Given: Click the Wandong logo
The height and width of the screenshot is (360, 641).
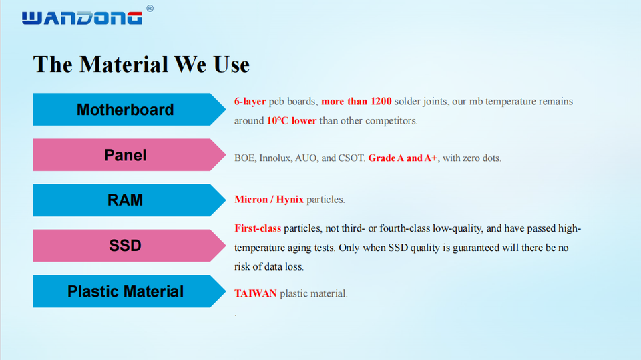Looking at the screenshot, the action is (x=81, y=18).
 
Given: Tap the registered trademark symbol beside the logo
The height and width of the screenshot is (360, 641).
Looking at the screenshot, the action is (x=150, y=8).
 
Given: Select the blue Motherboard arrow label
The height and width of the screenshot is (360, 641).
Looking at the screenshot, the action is (x=129, y=110).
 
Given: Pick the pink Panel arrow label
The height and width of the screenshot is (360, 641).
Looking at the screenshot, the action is (x=129, y=155).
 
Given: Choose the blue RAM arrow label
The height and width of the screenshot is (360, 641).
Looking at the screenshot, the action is (x=129, y=200).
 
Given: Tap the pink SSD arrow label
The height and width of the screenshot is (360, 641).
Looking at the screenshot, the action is (x=129, y=246).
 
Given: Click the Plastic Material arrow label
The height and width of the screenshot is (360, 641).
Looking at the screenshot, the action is (x=129, y=291).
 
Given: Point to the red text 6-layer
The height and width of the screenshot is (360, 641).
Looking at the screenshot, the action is (x=250, y=102).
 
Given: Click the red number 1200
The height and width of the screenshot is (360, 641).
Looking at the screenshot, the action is (x=381, y=101).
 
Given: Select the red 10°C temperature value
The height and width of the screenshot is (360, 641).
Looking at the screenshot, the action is (x=278, y=121).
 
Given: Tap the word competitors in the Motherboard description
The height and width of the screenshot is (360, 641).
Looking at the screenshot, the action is (x=391, y=121).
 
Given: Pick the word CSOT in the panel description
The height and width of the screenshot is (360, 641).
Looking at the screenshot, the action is (x=352, y=158).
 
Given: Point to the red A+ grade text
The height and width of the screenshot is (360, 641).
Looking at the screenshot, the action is (x=431, y=158).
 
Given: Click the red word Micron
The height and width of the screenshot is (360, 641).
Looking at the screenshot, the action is (x=251, y=200).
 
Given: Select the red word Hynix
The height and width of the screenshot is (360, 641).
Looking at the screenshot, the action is (x=290, y=200).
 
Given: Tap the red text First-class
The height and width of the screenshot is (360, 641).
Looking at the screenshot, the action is (x=258, y=228).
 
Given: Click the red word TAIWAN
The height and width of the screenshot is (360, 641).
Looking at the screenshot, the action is (x=256, y=293).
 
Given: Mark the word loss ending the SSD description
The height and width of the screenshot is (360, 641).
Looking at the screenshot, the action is (x=294, y=266).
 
